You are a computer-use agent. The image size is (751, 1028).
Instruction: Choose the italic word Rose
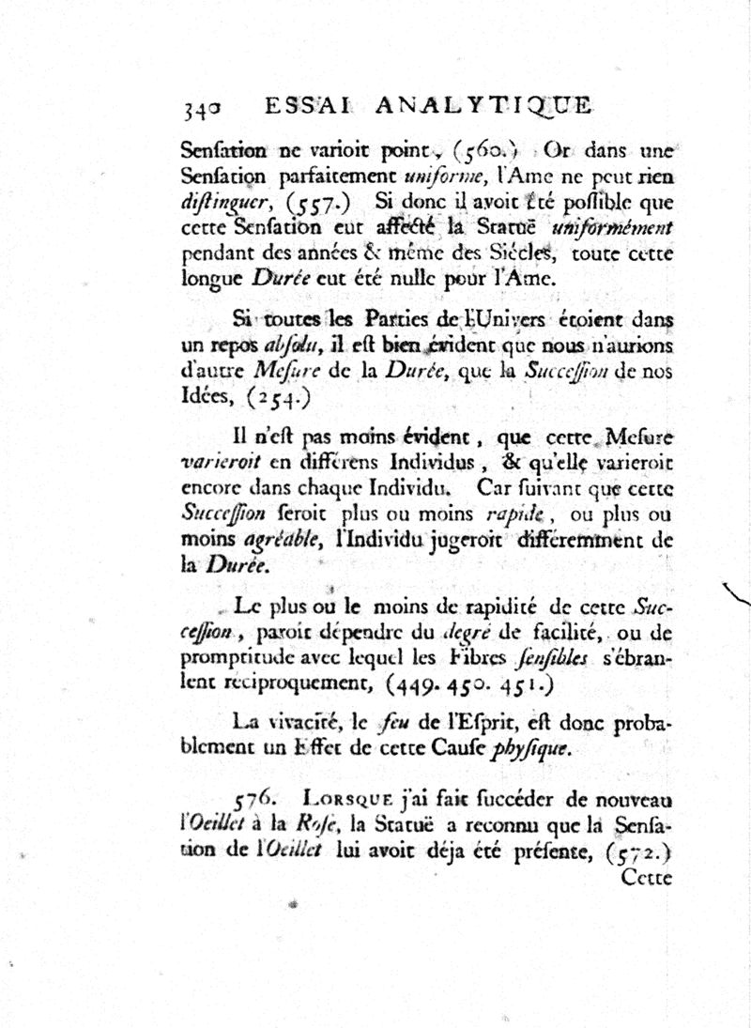(314, 826)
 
